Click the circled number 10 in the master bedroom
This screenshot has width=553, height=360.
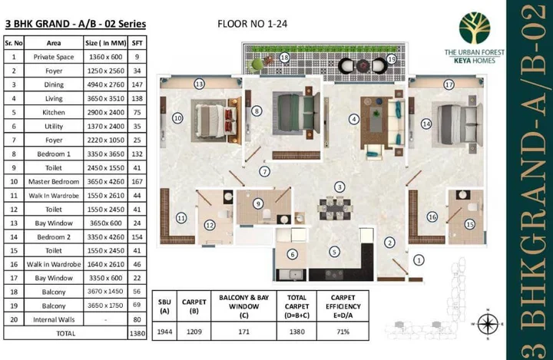pos(177,118)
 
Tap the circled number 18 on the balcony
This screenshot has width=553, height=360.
pos(284,58)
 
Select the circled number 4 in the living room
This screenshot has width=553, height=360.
pos(353,119)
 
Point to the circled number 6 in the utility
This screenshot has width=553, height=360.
pos(292,255)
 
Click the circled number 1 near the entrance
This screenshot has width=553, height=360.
pos(418,260)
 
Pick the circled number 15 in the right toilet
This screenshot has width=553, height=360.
pos(469,224)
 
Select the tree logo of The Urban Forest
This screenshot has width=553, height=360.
pos(474,28)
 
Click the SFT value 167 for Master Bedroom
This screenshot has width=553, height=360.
pos(137,181)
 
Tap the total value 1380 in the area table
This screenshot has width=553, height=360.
pos(137,334)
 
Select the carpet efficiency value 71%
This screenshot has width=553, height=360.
pos(343,332)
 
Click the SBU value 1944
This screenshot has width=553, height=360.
pos(164,332)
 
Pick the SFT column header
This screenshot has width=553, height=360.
pos(137,43)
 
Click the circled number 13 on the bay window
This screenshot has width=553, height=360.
pos(199,84)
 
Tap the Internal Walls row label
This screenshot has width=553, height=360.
pos(54,319)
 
